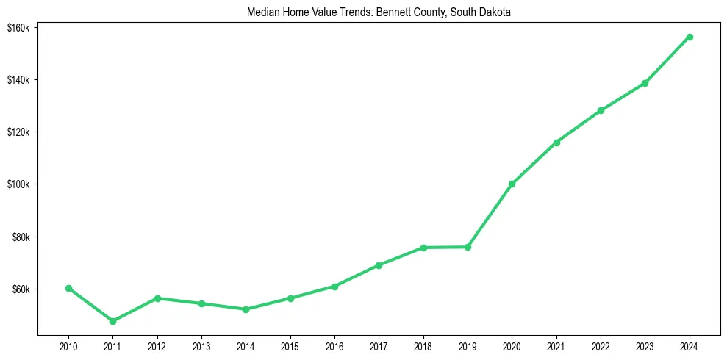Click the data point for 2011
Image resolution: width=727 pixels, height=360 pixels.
pyautogui.click(x=112, y=321)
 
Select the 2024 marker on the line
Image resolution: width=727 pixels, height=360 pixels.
pyautogui.click(x=690, y=37)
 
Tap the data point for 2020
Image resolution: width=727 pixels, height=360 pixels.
pyautogui.click(x=512, y=184)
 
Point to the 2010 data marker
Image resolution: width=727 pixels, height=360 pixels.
pyautogui.click(x=68, y=288)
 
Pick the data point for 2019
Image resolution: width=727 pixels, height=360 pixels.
pyautogui.click(x=468, y=247)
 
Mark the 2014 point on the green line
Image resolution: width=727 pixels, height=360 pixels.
pyautogui.click(x=246, y=309)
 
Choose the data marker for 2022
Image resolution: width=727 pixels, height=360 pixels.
pyautogui.click(x=601, y=110)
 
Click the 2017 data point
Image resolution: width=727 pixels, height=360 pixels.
pyautogui.click(x=379, y=265)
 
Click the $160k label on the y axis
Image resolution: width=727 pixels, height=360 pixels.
pyautogui.click(x=18, y=27)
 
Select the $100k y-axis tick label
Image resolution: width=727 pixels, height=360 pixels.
pyautogui.click(x=18, y=184)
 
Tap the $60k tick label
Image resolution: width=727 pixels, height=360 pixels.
pyautogui.click(x=20, y=289)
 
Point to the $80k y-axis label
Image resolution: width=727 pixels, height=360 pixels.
pyautogui.click(x=20, y=237)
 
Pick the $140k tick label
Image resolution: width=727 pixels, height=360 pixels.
pyautogui.click(x=18, y=79)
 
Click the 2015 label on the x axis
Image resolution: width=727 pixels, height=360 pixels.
pyautogui.click(x=290, y=345)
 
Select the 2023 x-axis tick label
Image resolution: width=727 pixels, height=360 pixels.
pyautogui.click(x=645, y=345)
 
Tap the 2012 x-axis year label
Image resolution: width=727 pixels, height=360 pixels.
pyautogui.click(x=157, y=345)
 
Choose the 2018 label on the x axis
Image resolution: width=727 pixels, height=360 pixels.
pyautogui.click(x=423, y=345)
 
